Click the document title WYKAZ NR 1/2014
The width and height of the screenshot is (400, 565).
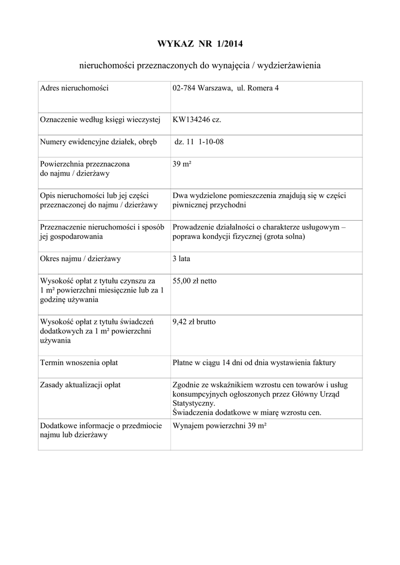[200, 44]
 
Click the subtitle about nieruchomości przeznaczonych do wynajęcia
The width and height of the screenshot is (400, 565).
[200, 66]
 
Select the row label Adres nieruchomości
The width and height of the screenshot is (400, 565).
[74, 88]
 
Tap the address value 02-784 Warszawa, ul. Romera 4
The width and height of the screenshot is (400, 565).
[225, 88]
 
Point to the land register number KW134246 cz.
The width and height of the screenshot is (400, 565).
[197, 120]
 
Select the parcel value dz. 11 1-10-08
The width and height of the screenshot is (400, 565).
[199, 142]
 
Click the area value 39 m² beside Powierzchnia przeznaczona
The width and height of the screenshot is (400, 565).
[182, 164]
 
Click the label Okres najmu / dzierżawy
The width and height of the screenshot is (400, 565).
[81, 258]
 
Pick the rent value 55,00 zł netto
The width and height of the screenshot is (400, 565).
[194, 281]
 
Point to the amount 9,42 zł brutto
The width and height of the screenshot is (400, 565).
[194, 321]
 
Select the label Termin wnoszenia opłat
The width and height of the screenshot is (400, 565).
[79, 363]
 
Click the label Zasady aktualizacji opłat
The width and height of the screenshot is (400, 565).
[81, 385]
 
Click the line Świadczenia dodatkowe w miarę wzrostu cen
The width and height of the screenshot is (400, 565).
[246, 412]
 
